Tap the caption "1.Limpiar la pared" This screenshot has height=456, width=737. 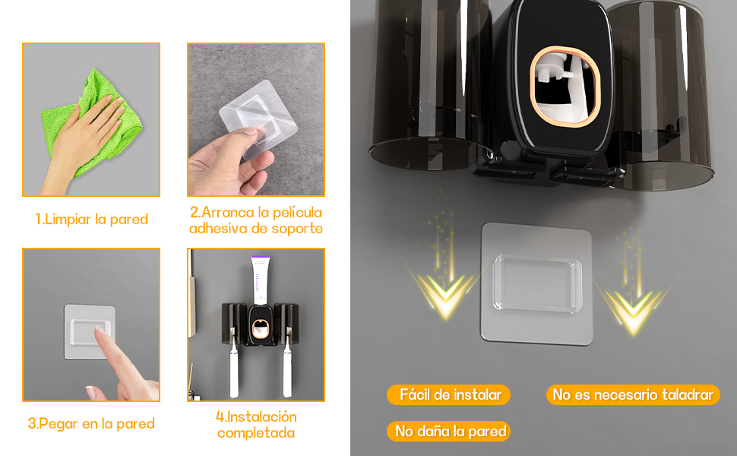tap(91, 220)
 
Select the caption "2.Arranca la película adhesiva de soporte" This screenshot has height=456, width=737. tap(256, 220)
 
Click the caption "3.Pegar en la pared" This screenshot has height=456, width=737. tap(91, 424)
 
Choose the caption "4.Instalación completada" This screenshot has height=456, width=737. tap(256, 425)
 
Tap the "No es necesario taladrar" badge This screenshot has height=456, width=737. tap(632, 394)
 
